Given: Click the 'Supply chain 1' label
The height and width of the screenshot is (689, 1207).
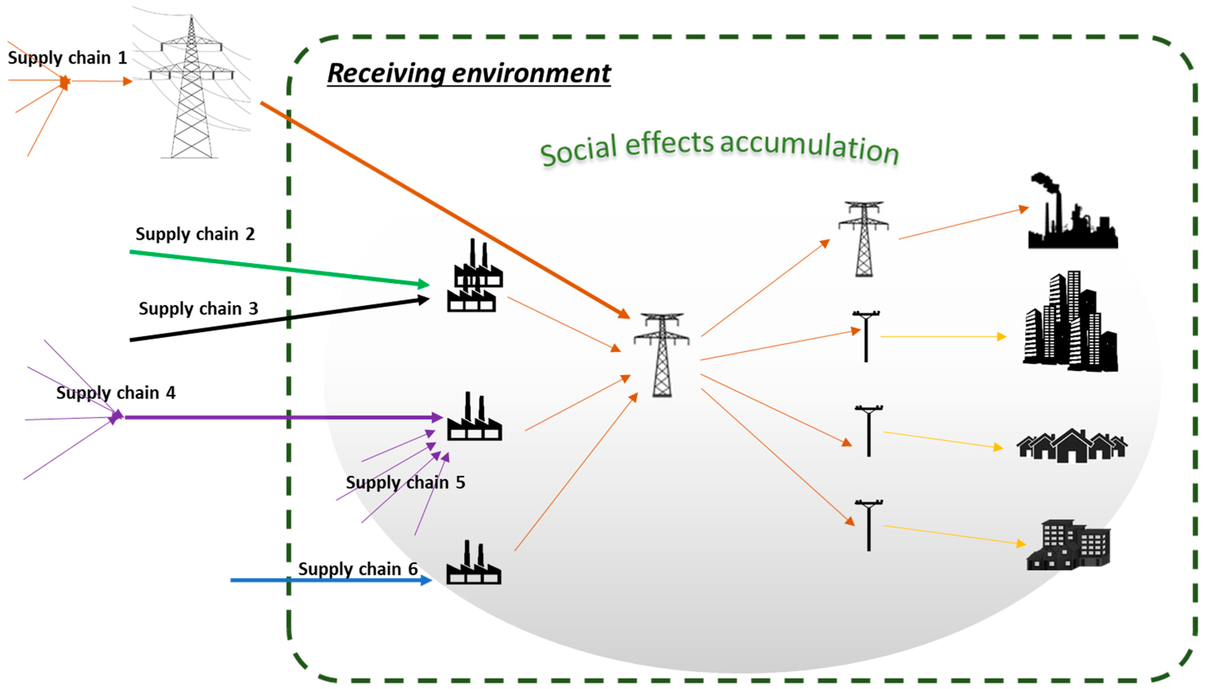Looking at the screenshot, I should pos(67,58).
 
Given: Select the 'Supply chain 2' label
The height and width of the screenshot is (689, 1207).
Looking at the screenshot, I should pos(195,234).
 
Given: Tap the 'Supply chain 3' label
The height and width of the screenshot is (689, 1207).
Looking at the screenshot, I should pos(198,309).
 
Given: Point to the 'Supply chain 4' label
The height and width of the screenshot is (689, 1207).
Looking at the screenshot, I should pos(116,393).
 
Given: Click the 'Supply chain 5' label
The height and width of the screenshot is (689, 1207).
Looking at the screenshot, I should pos(405,482).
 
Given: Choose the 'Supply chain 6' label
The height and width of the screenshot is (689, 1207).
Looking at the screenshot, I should pos(358,568).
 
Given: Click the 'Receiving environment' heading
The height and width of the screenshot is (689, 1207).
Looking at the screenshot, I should pos(468,73).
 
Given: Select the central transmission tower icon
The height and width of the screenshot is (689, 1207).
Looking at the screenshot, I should pos(661,355).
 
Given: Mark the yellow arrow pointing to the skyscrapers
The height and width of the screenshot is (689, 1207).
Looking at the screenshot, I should pos(942,337).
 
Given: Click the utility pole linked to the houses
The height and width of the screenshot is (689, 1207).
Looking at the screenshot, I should pos(869,431).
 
